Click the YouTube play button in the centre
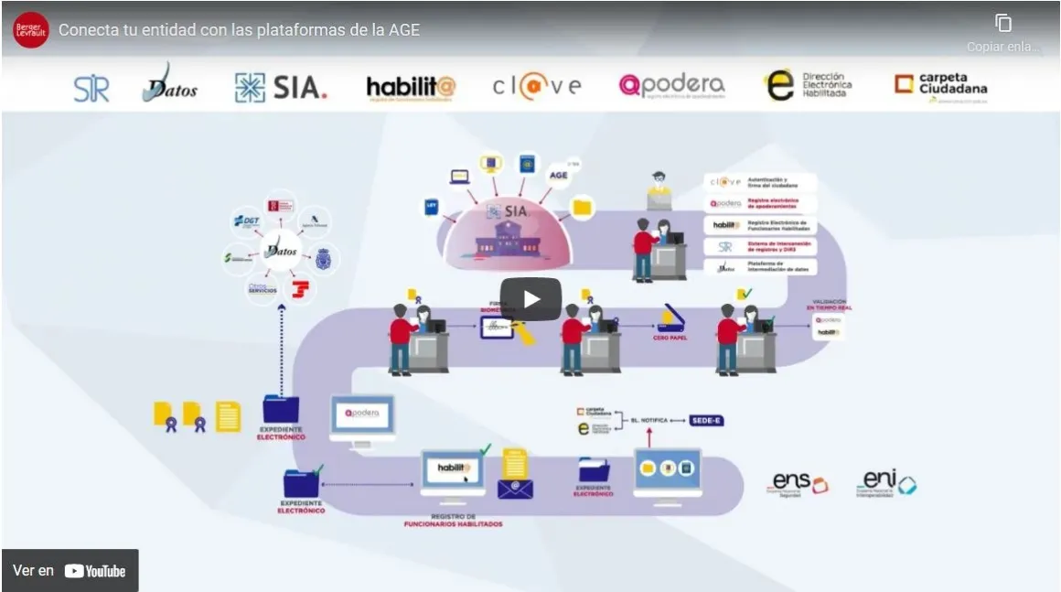(530, 299)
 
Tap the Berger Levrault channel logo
(31, 30)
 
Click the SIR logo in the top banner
(91, 88)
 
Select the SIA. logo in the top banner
(281, 88)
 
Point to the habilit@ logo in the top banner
(411, 87)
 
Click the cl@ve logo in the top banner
(537, 86)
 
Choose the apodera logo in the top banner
(671, 86)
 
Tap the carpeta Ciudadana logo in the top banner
(941, 86)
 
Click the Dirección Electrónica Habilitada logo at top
(808, 86)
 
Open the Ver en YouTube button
(70, 571)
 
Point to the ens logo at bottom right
(798, 483)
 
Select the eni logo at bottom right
(886, 482)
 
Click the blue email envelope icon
(515, 489)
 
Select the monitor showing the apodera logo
(362, 418)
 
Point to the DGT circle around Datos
(247, 221)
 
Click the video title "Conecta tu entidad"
(240, 30)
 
